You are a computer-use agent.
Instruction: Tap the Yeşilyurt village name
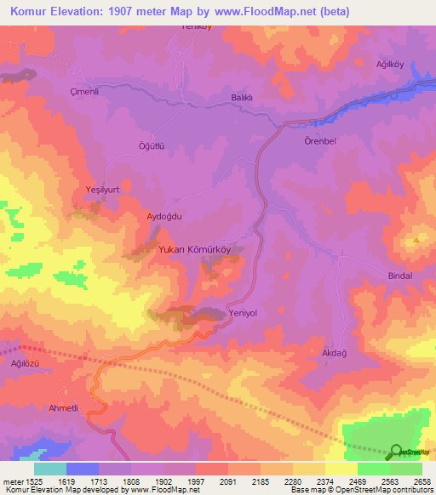pyautogui.click(x=94, y=189)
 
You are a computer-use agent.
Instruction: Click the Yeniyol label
pyautogui.click(x=244, y=313)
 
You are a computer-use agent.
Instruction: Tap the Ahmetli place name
pyautogui.click(x=64, y=408)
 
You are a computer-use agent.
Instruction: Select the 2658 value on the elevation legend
pyautogui.click(x=422, y=481)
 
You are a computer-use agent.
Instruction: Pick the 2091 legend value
pyautogui.click(x=227, y=481)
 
